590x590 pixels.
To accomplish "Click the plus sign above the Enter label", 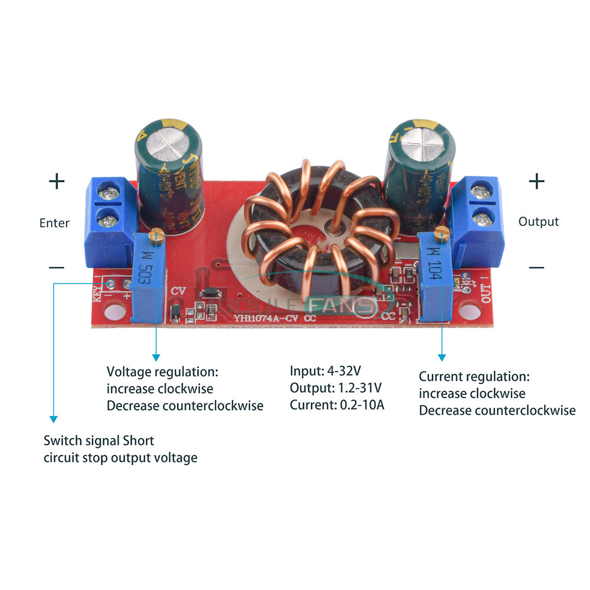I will [57, 181].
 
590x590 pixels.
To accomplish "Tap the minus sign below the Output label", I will [536, 267].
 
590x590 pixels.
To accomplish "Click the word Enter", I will [54, 223].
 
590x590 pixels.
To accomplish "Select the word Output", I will [538, 222].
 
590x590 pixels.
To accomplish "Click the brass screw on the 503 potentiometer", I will [156, 236].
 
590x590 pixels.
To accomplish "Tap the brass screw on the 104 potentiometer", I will [441, 234].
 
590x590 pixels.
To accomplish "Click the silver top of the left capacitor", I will [166, 143].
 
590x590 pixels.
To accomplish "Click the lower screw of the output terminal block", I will [483, 219].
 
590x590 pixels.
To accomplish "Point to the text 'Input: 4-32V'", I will [325, 371].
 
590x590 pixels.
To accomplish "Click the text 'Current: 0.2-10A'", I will [337, 405].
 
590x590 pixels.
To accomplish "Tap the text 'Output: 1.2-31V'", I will [335, 388].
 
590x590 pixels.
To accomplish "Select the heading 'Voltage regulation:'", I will [162, 372].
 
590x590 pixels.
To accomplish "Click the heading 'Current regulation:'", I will [474, 376].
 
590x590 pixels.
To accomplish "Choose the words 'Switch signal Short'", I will [99, 441].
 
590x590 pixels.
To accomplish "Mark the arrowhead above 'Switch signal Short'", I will [54, 419].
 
